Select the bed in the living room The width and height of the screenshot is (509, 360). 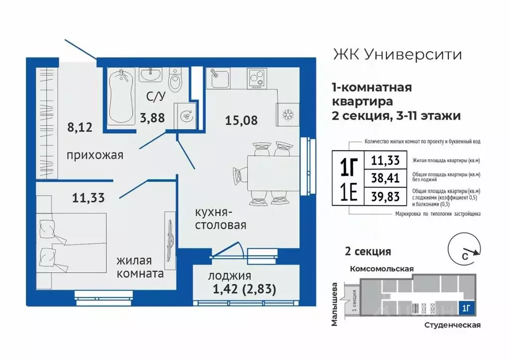(72, 242)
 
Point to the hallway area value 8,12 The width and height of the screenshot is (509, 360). (80, 127)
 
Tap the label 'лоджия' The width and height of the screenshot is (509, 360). (230, 276)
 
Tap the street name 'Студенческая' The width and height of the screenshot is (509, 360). (452, 325)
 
